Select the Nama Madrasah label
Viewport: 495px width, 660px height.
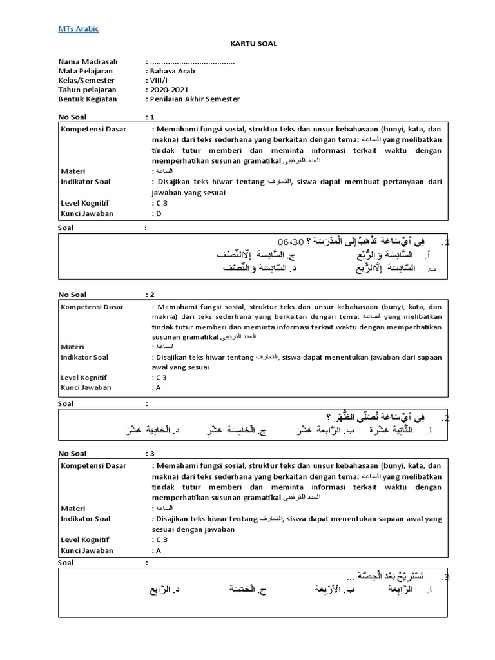coord(85,62)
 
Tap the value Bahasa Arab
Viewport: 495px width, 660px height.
coord(172,71)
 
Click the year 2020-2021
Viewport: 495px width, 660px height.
coord(166,89)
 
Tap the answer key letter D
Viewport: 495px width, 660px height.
coord(157,213)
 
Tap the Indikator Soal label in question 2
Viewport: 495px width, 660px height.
coord(84,356)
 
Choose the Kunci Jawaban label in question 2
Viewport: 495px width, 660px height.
coord(86,387)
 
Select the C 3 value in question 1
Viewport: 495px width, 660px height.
coord(159,202)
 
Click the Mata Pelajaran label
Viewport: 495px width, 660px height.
coord(86,71)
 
